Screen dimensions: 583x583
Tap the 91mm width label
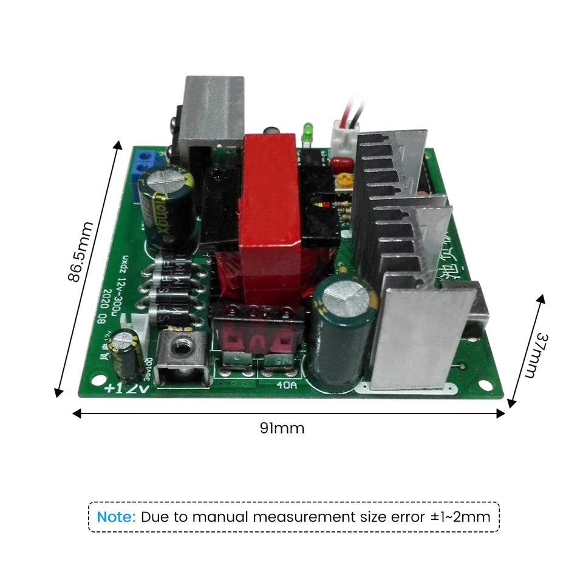[282, 428]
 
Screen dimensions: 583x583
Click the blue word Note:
[117, 517]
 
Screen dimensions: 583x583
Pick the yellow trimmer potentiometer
[346, 180]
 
